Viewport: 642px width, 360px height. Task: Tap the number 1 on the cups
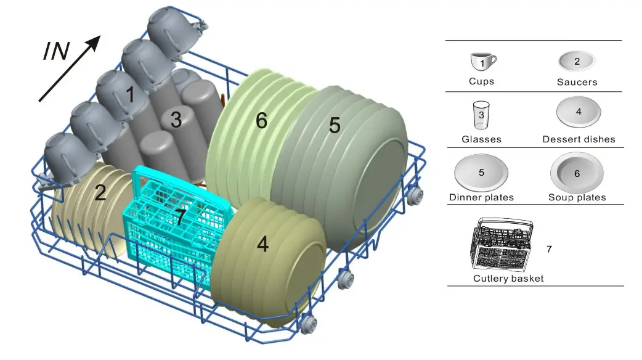(130, 94)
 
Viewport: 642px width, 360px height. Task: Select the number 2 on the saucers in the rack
(100, 193)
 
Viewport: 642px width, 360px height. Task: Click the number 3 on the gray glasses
(176, 120)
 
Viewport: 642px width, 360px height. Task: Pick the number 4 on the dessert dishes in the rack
(262, 244)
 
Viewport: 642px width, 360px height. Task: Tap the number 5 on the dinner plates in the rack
(335, 125)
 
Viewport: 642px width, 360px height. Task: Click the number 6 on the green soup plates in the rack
(261, 121)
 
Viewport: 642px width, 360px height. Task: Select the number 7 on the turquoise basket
(179, 216)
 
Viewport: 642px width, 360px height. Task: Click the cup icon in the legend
(482, 62)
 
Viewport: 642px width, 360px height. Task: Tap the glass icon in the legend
(481, 115)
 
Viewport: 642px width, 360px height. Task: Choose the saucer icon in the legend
(577, 62)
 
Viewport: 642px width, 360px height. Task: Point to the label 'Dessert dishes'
(579, 139)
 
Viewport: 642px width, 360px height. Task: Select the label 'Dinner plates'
(481, 197)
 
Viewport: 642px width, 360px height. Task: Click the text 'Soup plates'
(577, 197)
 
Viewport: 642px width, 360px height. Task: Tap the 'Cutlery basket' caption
(508, 279)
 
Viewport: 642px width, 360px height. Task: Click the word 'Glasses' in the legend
(481, 139)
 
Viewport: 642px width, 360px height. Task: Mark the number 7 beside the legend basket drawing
(549, 249)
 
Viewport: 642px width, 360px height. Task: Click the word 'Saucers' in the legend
(577, 82)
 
